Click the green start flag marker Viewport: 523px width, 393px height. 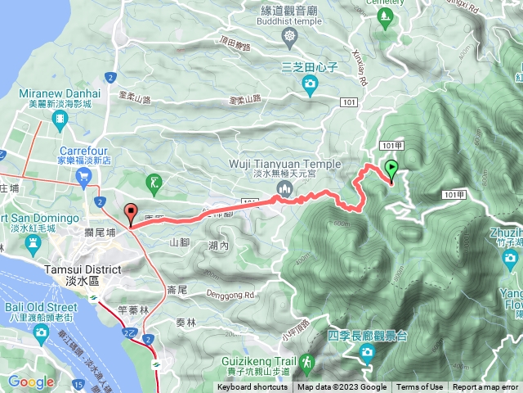pyautogui.click(x=391, y=170)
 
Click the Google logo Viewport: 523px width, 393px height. pyautogui.click(x=30, y=382)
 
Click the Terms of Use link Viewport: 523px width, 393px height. pyautogui.click(x=420, y=387)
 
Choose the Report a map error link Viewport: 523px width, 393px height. pyautogui.click(x=486, y=387)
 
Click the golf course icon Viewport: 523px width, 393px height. pyautogui.click(x=154, y=181)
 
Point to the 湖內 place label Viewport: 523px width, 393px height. pyautogui.click(x=218, y=246)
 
